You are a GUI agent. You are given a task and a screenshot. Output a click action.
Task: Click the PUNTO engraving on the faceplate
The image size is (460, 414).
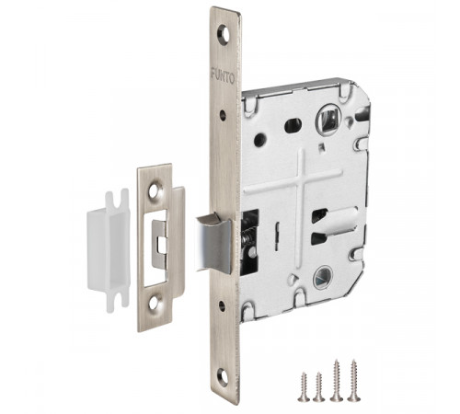click(x=223, y=76)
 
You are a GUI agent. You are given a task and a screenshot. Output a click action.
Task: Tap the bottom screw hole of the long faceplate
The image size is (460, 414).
click(x=223, y=377)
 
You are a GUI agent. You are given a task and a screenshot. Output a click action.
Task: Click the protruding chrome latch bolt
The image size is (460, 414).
click(x=214, y=243)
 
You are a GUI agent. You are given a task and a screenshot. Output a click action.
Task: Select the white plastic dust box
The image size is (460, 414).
click(x=109, y=249)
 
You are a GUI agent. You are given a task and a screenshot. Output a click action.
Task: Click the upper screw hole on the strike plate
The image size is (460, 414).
click(x=155, y=190)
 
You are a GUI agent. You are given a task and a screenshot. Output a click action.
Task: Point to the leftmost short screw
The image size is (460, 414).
click(x=304, y=386)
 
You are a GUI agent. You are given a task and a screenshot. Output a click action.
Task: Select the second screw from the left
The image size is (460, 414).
click(x=319, y=386)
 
